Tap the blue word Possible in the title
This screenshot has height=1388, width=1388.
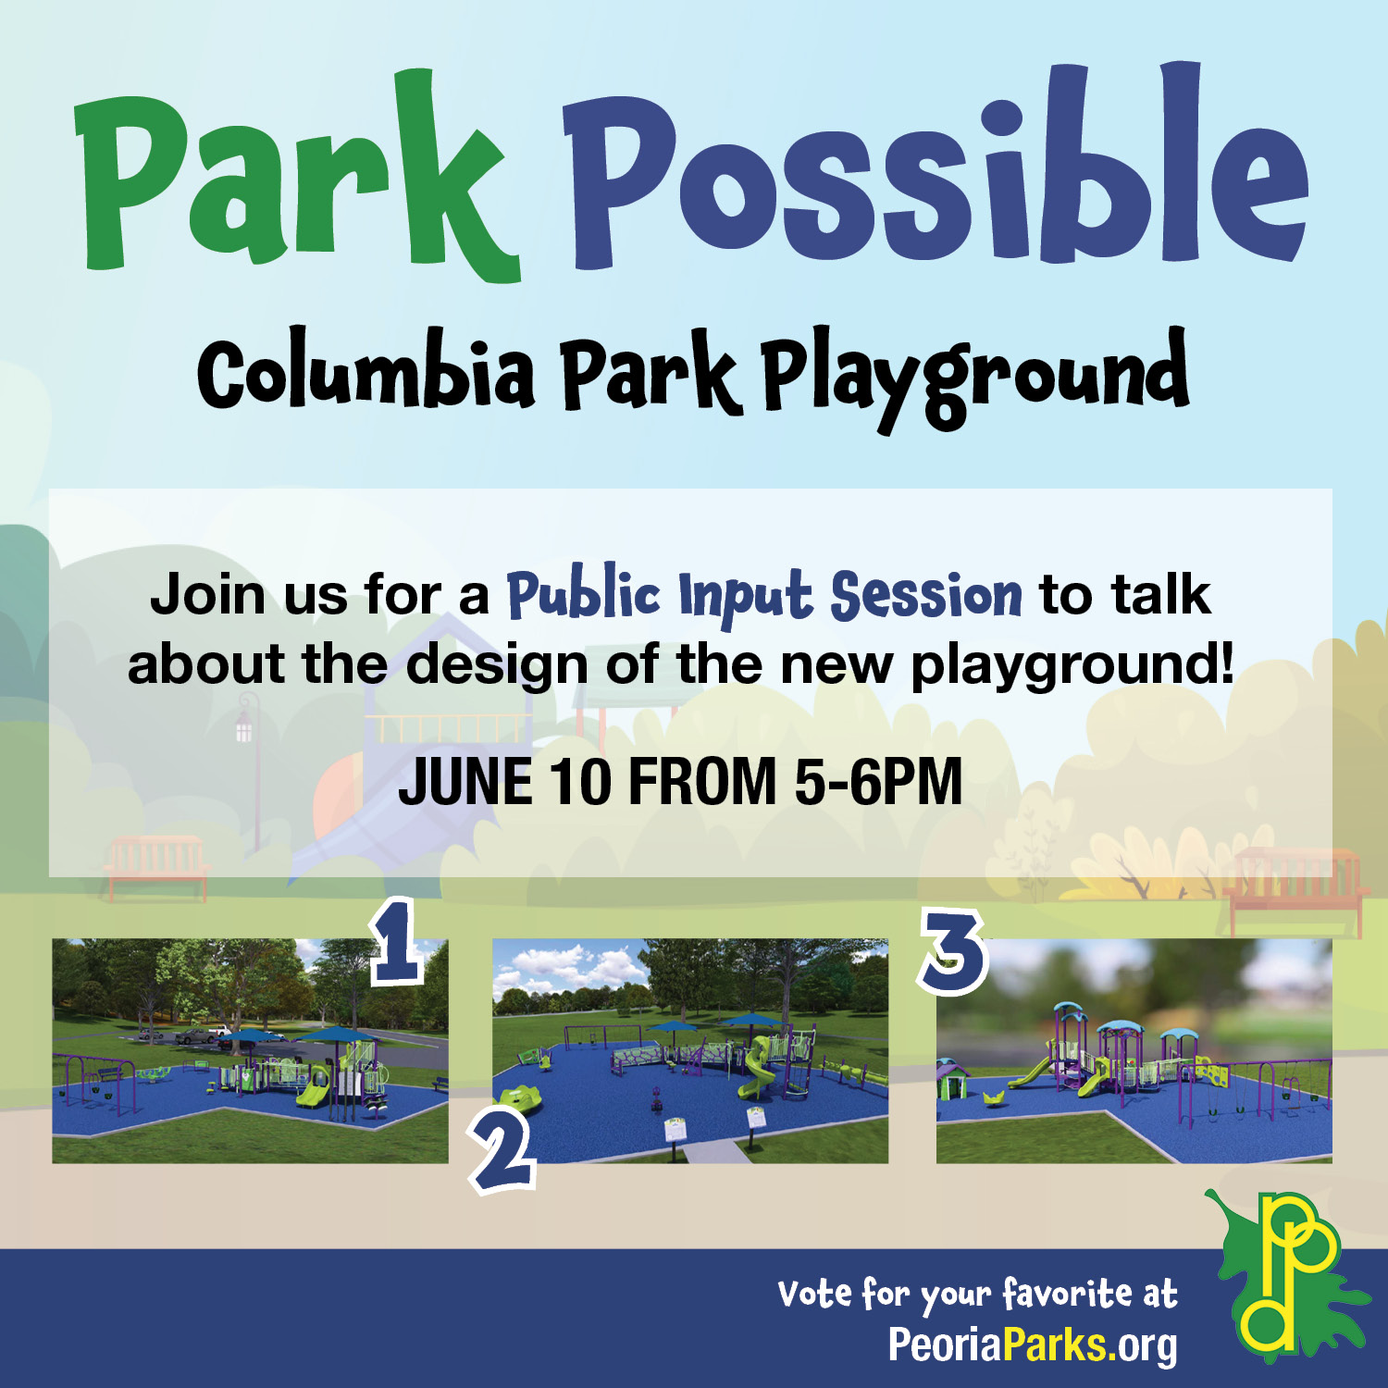click(935, 167)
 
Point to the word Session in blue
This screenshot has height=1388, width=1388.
click(926, 595)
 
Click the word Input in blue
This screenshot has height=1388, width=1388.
click(746, 598)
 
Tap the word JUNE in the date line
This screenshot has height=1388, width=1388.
click(465, 782)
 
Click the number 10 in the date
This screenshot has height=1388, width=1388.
click(580, 782)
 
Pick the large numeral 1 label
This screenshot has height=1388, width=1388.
click(397, 941)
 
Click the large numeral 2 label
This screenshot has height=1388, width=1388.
click(503, 1150)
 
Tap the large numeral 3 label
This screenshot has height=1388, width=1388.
click(953, 951)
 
